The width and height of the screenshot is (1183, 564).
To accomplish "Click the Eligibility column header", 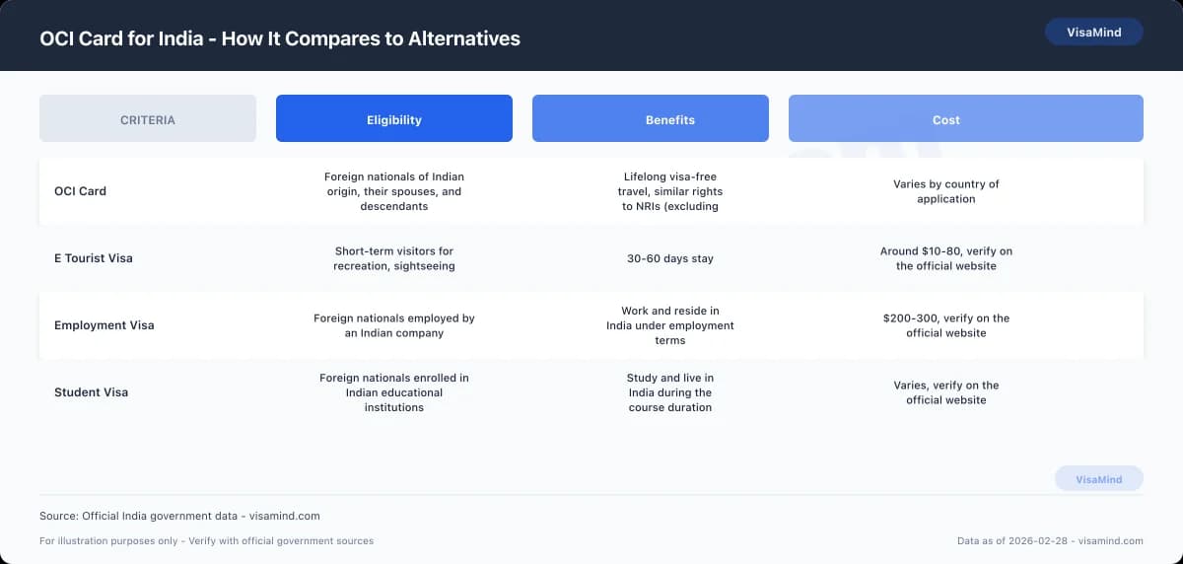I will pos(394,119).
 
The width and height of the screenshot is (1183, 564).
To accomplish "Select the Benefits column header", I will pos(670,119).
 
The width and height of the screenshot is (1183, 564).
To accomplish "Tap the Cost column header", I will pos(945,119).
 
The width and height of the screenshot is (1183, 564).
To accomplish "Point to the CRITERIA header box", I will pos(148,119).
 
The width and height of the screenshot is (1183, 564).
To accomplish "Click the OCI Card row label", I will pos(80,191).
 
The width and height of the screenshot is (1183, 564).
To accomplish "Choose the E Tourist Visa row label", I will pos(93,258).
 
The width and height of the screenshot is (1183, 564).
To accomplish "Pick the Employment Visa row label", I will pos(104,325).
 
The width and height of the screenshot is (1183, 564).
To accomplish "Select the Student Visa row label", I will pos(91,392).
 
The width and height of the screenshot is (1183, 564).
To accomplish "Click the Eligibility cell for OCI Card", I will pos(394,191).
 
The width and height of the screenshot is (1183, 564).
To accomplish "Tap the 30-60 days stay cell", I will pos(670,258).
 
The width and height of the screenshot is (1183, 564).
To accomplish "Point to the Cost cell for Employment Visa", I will pos(945,325).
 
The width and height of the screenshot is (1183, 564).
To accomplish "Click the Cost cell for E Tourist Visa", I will pos(945,258).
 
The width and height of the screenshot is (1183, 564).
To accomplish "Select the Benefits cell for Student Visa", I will pos(670,392).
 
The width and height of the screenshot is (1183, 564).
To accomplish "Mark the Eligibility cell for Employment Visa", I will pos(394,325).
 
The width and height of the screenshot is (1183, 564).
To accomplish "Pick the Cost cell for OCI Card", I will pos(945,191).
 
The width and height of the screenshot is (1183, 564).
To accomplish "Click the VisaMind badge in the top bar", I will pos(1093,33).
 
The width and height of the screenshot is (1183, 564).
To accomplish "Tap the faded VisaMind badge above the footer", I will pos(1098,479).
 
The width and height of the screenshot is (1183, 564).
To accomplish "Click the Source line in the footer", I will pos(179,516).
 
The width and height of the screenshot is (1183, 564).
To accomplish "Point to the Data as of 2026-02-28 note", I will pos(1050,540).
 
